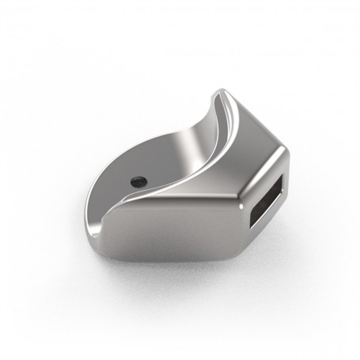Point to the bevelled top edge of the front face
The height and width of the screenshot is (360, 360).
pyautogui.click(x=174, y=203)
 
